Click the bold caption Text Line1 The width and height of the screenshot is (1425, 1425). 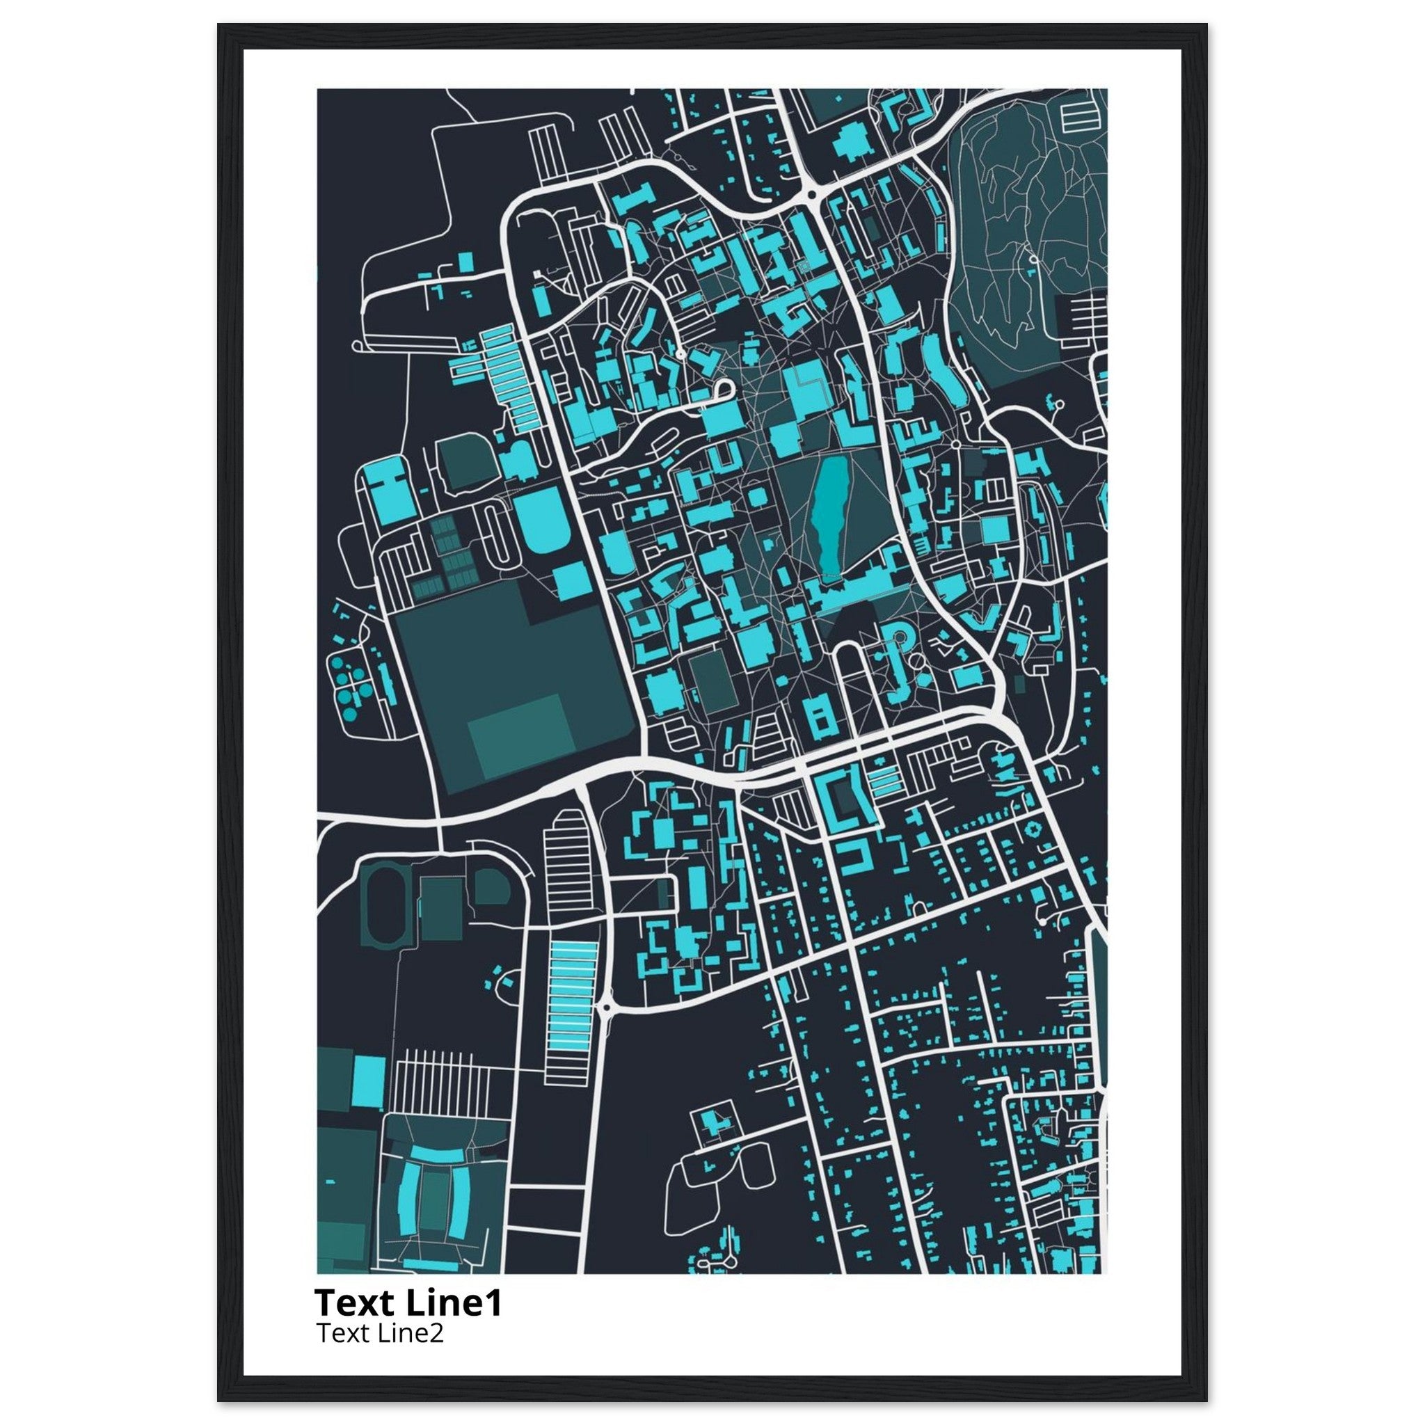pos(408,1303)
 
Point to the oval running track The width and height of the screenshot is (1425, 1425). pos(383,907)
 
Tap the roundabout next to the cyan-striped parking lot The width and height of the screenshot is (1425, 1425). pos(606,1007)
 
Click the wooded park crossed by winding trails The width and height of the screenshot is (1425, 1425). pos(1025,221)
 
